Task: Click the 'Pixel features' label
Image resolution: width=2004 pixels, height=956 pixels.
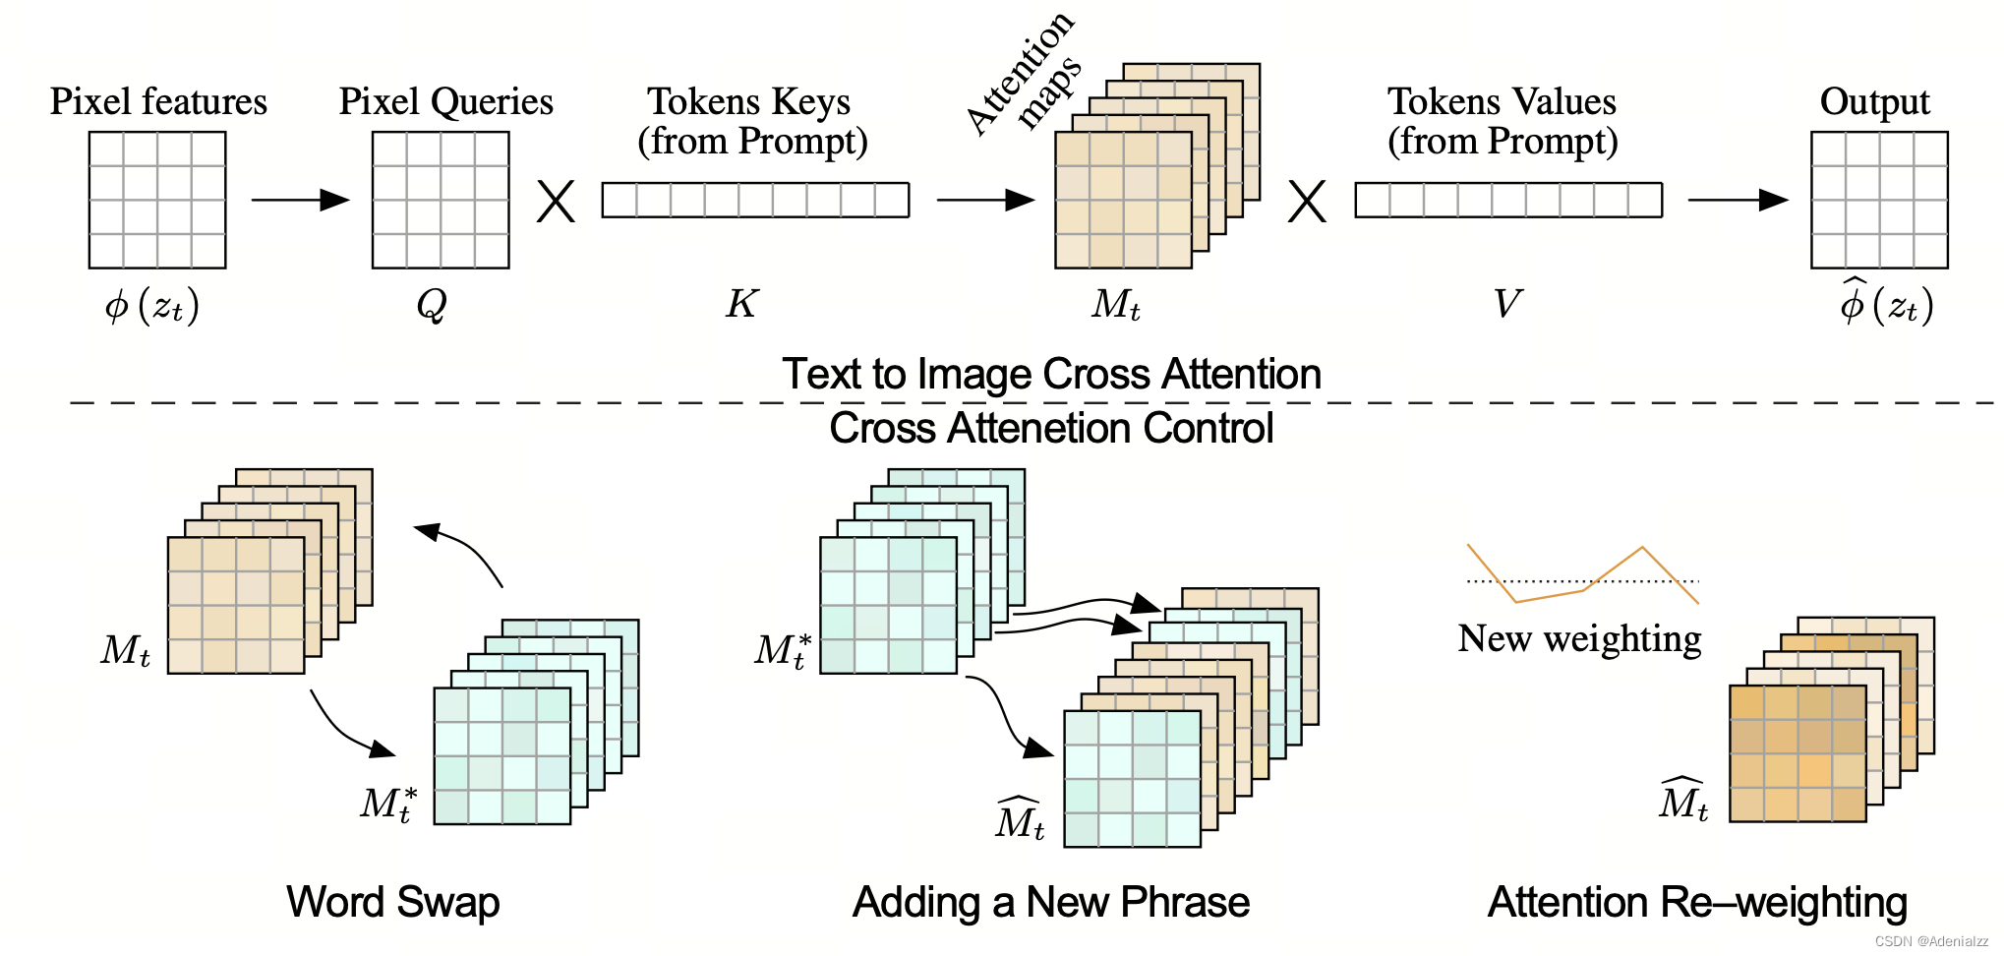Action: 158,101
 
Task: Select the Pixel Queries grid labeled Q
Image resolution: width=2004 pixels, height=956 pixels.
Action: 441,200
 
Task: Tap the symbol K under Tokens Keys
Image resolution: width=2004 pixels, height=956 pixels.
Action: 741,304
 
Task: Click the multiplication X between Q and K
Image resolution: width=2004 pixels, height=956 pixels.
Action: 556,202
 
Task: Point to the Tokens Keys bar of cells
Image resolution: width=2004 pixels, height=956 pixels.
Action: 755,200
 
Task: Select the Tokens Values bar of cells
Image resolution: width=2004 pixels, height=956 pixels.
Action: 1508,200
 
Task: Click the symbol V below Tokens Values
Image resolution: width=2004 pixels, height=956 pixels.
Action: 1506,304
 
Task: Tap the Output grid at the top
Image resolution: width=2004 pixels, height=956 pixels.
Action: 1879,200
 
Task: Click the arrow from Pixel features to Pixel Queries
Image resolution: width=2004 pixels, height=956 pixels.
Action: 300,200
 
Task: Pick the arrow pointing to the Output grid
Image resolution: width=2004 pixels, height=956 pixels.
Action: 1738,200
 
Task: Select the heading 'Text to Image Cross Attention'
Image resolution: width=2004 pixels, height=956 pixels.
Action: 1051,375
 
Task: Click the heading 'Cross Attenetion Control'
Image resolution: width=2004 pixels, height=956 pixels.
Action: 1051,429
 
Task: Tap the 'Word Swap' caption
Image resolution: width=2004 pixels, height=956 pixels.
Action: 393,902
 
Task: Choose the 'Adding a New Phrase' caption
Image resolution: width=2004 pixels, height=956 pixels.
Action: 1051,902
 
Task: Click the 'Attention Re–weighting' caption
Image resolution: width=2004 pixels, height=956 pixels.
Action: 1697,902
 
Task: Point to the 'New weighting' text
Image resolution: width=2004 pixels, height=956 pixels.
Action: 1579,638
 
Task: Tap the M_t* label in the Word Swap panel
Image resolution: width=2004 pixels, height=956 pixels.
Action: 388,804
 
